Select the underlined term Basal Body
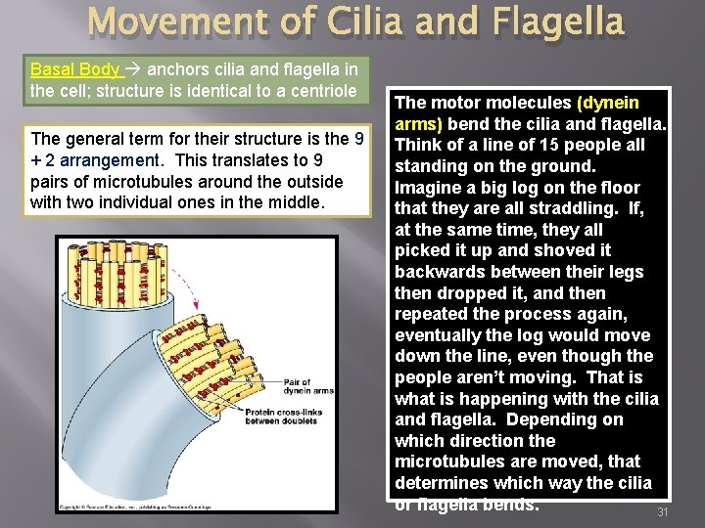point(73,69)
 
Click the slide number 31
point(662,512)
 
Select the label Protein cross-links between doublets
point(288,416)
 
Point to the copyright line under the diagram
point(137,506)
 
